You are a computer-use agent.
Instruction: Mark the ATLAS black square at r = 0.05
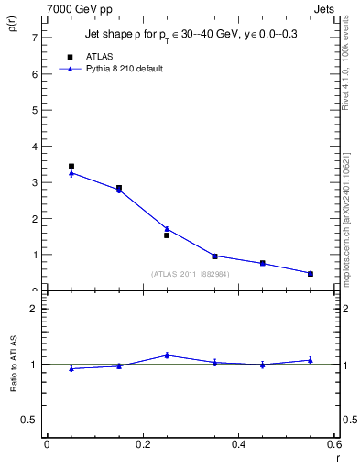71,167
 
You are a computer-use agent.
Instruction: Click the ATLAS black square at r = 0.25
167,235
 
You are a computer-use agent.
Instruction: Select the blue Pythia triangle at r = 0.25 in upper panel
167,229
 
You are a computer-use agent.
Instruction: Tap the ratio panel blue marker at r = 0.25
167,354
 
